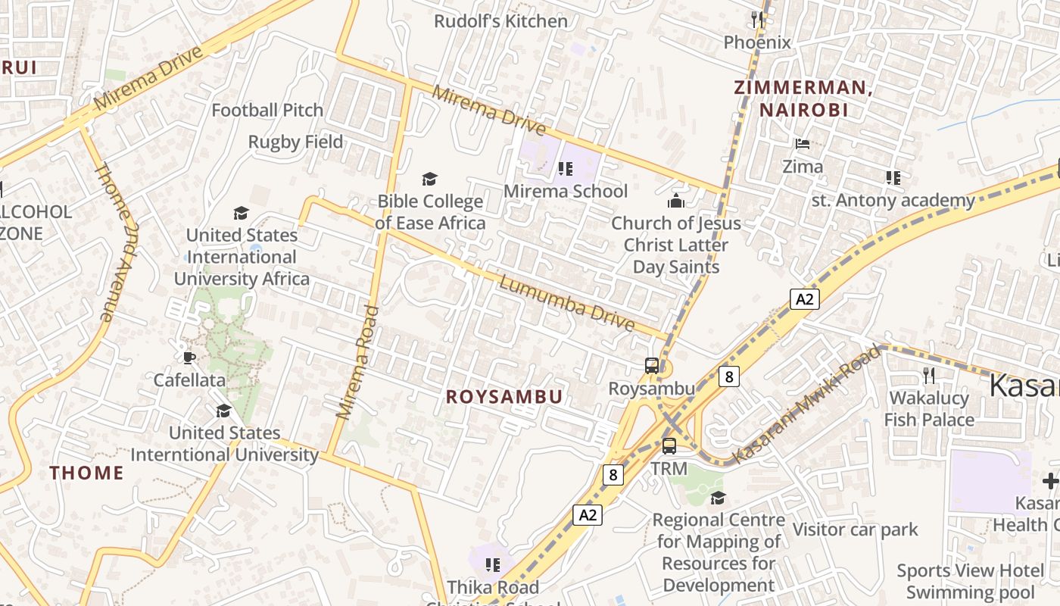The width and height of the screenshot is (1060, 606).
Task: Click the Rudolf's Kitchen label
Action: click(x=500, y=21)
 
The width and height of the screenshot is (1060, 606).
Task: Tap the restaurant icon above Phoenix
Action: click(x=756, y=19)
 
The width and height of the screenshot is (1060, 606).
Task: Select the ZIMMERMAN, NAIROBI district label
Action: click(x=803, y=98)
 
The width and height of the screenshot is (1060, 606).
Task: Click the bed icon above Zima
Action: click(x=803, y=143)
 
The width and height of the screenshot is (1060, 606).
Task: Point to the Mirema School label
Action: click(x=566, y=191)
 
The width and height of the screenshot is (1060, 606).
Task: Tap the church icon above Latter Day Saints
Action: click(x=675, y=201)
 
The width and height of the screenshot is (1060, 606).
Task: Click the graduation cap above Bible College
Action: click(x=429, y=180)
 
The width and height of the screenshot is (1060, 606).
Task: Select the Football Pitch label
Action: click(x=267, y=111)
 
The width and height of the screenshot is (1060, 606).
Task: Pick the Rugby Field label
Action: click(x=295, y=142)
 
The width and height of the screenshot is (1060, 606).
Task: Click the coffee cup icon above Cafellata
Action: click(x=189, y=358)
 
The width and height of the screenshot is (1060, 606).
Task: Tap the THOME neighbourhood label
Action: click(x=86, y=473)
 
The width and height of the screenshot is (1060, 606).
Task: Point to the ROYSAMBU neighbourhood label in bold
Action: click(x=504, y=397)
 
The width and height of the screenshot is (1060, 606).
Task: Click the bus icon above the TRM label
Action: click(x=669, y=446)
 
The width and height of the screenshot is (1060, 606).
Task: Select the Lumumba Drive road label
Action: click(x=566, y=304)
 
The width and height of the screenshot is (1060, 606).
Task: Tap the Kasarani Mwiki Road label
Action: click(x=808, y=405)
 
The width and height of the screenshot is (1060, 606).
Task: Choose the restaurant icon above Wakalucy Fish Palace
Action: click(x=929, y=375)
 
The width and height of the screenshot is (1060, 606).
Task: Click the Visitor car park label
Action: click(x=855, y=529)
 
